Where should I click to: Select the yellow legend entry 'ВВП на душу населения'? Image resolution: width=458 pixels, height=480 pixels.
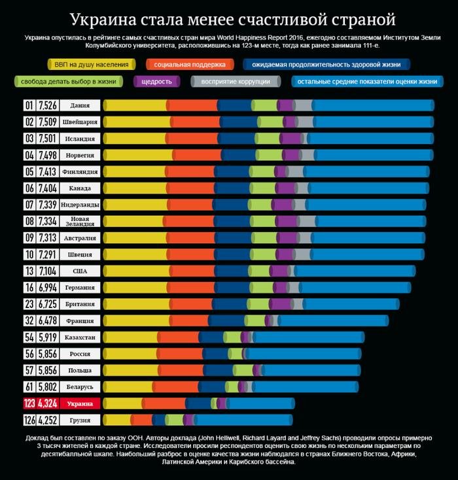[x=91, y=65]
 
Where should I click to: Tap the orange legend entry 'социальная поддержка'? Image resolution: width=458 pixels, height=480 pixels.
[x=190, y=65]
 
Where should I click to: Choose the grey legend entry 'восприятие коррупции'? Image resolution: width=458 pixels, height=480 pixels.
[x=236, y=82]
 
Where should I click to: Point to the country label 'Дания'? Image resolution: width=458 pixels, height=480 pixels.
[x=80, y=105]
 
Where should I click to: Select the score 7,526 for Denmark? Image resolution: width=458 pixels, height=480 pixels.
[x=48, y=105]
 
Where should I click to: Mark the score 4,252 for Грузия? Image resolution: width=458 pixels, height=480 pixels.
[x=48, y=420]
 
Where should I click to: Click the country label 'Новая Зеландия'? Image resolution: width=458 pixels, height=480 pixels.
[x=80, y=221]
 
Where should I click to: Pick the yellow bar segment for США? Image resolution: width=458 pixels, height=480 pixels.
[x=134, y=271]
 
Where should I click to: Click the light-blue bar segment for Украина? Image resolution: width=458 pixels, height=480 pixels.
[x=261, y=403]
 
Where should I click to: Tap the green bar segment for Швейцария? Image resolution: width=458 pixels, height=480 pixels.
[x=269, y=122]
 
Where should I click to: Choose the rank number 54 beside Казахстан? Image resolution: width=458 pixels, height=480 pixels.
[x=29, y=337]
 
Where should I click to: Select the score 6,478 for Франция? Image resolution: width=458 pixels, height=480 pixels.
[x=48, y=320]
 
